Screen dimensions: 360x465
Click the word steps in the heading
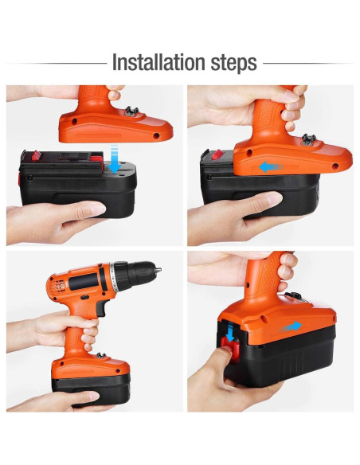click(233, 64)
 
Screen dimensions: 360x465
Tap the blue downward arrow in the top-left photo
click(114, 159)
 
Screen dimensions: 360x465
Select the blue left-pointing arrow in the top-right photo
click(271, 167)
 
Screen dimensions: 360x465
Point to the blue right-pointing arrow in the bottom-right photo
click(292, 326)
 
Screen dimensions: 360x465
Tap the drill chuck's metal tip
click(158, 270)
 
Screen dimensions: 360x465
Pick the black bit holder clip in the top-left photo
click(131, 111)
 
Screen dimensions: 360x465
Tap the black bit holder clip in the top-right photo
click(309, 139)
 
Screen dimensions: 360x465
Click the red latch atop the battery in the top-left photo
click(36, 155)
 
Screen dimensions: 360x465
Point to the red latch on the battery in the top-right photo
click(217, 154)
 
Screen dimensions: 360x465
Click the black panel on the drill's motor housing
click(84, 281)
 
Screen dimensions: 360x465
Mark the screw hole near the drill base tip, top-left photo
click(156, 136)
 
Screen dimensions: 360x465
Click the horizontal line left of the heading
click(57, 63)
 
